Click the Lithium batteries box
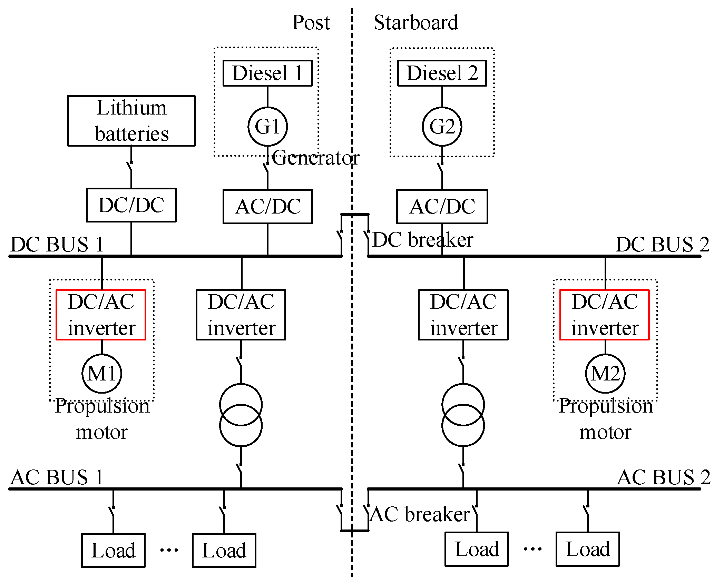pos(131,121)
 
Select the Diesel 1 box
pos(267,73)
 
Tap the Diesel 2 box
pos(442,73)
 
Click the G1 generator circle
pos(267,126)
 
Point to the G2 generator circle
pos(442,126)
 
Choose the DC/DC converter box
pos(131,205)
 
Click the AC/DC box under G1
pos(267,206)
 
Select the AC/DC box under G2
pos(442,206)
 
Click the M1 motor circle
pos(102,373)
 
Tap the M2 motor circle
pos(605,373)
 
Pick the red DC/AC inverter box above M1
pos(101,315)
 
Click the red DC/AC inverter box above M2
pos(605,315)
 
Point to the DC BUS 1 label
pos(57,245)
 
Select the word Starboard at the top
pos(416,23)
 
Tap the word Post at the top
pos(311,23)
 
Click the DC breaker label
pos(423,240)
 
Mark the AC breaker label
pos(420,514)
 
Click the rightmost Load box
pos(588,549)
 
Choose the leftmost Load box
pos(113,550)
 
